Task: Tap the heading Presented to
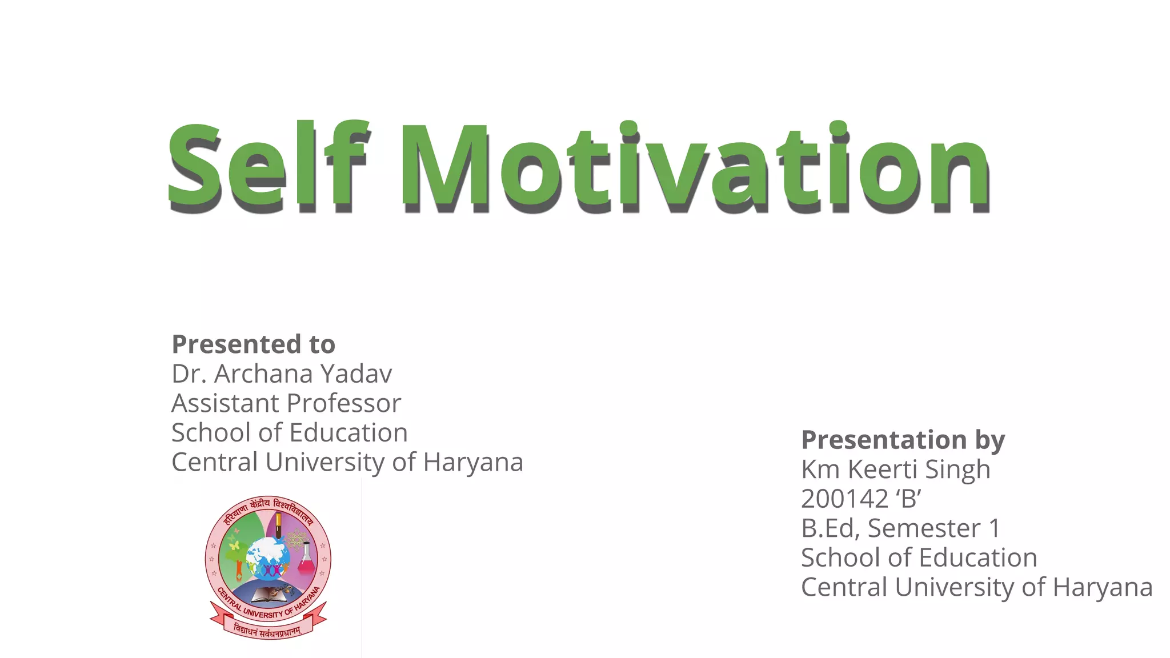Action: [x=253, y=344]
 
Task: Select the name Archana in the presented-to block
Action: [x=263, y=374]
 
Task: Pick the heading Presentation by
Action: [x=903, y=440]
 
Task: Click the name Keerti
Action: [x=883, y=470]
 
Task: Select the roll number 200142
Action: [x=844, y=499]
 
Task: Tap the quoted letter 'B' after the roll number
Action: [x=908, y=499]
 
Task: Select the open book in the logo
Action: [x=269, y=595]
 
